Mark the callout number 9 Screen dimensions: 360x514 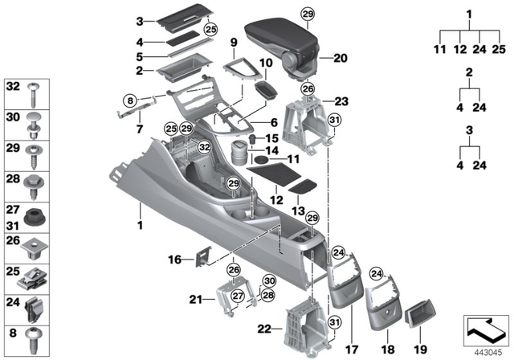coord(234,43)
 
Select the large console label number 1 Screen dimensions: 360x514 coord(140,224)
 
